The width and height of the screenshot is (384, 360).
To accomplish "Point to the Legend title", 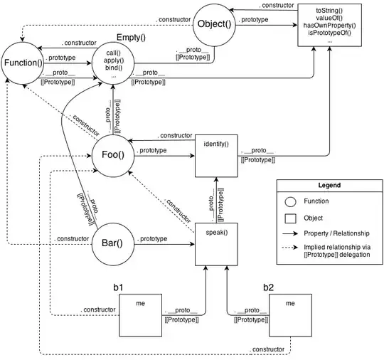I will [326, 185].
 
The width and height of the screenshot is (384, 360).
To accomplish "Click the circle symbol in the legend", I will [291, 201].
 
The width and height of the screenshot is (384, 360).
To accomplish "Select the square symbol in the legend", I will [291, 218].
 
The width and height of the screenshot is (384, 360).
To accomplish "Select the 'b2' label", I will [268, 287].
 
